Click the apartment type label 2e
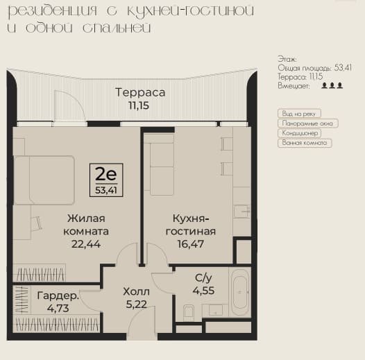click(x=106, y=174)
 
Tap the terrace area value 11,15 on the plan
click(x=139, y=105)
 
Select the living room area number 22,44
click(x=86, y=244)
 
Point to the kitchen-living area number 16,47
click(x=191, y=244)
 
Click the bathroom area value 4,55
click(x=203, y=291)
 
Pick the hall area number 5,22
click(x=137, y=305)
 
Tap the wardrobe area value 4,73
click(x=58, y=309)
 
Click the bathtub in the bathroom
click(x=241, y=293)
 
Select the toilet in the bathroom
click(x=189, y=313)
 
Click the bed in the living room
click(x=44, y=180)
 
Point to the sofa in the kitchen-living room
click(x=159, y=166)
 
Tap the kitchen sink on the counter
click(x=242, y=212)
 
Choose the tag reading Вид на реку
click(x=299, y=114)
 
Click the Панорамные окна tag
click(x=307, y=123)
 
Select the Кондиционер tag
click(x=299, y=133)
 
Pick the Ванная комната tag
click(x=305, y=143)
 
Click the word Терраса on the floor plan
click(x=140, y=93)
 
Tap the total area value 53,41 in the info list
click(x=343, y=68)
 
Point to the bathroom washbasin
click(x=216, y=310)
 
